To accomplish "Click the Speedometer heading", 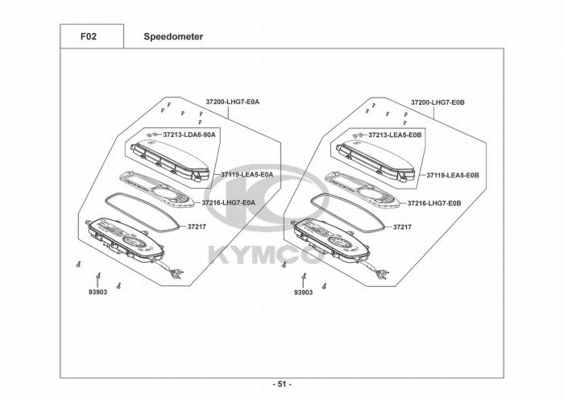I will [173, 36].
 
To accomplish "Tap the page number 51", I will [281, 384].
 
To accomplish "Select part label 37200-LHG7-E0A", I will [233, 102].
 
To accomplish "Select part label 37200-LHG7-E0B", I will [439, 102].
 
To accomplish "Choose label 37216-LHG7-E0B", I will [434, 202].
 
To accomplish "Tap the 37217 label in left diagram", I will [197, 227].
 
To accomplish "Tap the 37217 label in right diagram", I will [403, 227].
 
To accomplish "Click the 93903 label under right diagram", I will [304, 293].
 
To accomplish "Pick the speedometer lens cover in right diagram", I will [375, 157].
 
